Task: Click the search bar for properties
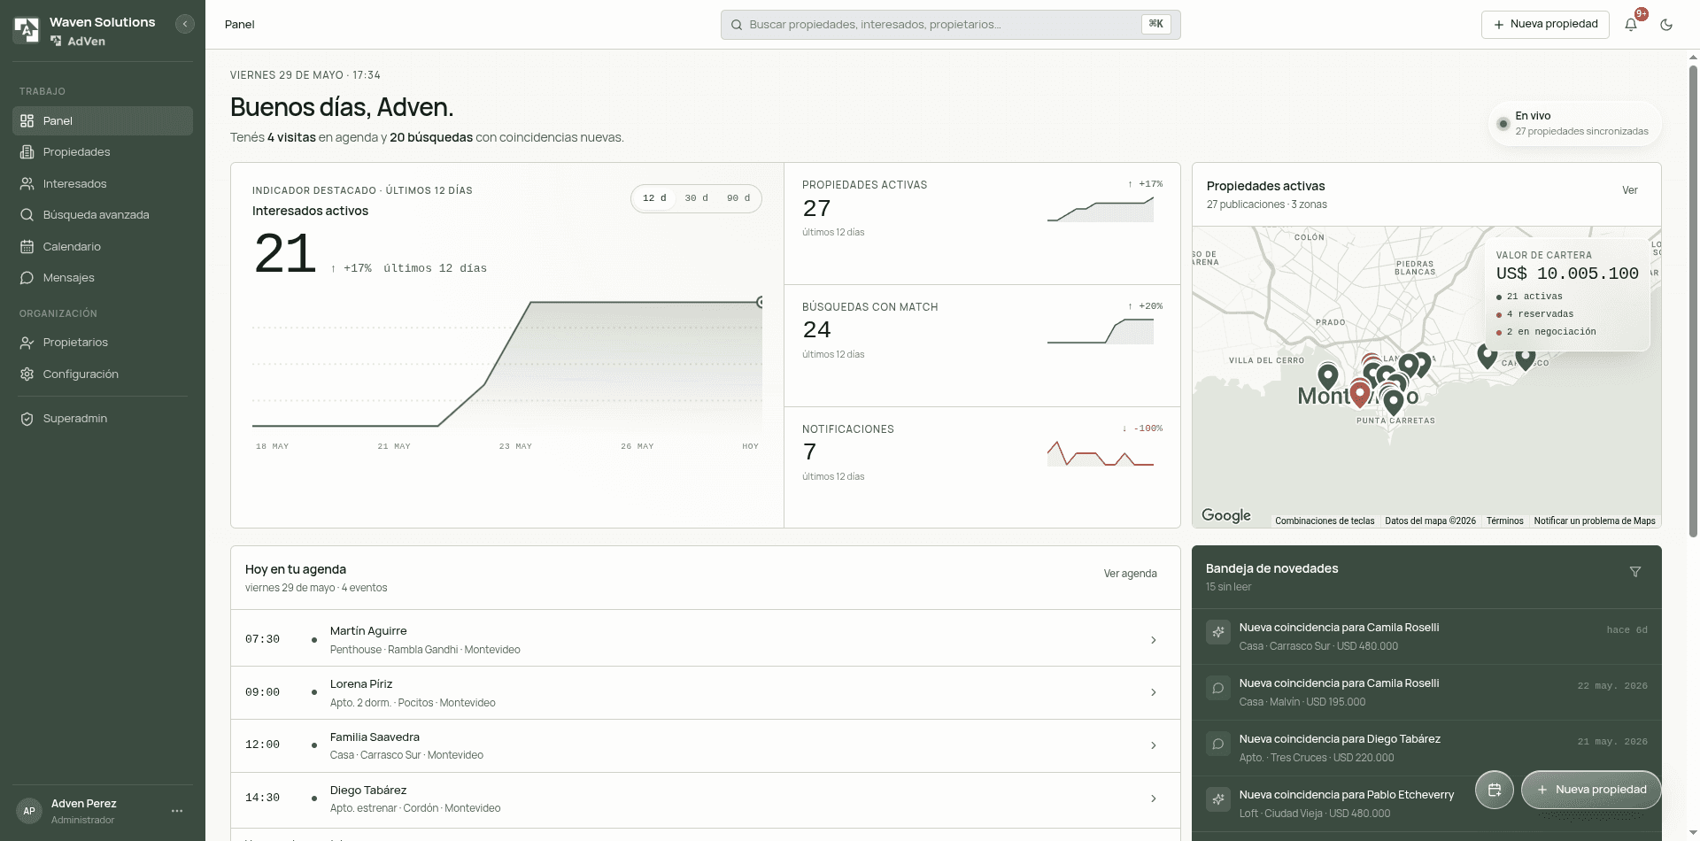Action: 950,25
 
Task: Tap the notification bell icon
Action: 1631,25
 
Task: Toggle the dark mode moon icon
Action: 1666,25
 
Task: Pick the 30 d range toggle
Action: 696,198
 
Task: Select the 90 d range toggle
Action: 738,198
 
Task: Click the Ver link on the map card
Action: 1630,190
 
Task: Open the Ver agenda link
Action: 1130,574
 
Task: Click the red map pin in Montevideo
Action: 1360,394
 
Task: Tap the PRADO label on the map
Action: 1331,322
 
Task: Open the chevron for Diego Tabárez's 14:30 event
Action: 1153,799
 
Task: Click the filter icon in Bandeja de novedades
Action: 1635,572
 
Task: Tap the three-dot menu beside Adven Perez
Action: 177,811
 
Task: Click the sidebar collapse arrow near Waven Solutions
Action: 185,24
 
